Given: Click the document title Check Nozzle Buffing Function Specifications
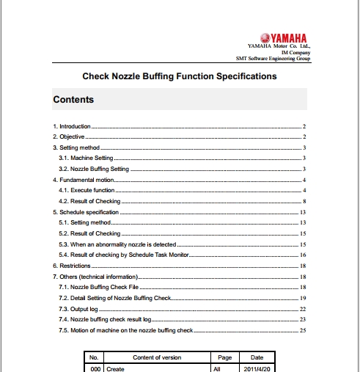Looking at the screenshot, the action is (x=179, y=76).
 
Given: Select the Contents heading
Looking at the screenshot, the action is (x=73, y=99).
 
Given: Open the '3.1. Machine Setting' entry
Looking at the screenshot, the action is (x=86, y=158).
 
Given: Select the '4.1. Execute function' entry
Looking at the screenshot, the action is (x=87, y=190).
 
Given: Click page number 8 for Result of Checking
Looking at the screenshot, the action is (x=303, y=200).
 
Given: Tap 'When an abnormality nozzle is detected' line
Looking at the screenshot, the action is (x=118, y=243).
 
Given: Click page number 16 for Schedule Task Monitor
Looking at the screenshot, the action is (x=302, y=254).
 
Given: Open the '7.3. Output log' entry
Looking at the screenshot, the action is (x=78, y=309).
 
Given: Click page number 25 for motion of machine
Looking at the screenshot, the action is (x=302, y=330).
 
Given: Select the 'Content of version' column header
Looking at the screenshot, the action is (x=157, y=357).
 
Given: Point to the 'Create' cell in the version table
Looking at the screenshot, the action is (x=115, y=368).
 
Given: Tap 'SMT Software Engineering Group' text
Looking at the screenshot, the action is (x=272, y=59).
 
